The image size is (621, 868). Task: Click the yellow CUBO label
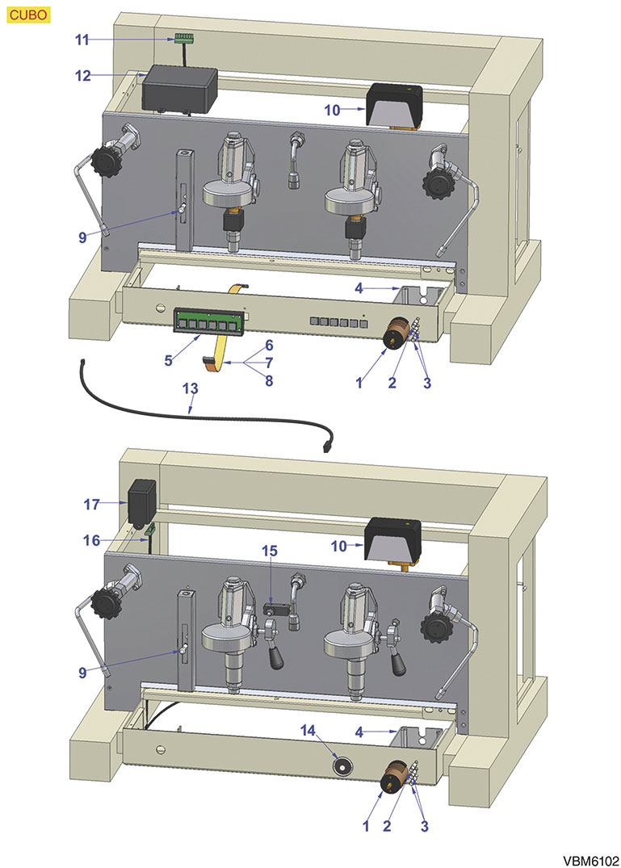(x=29, y=14)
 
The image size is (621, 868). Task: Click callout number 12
(x=83, y=76)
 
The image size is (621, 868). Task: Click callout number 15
(x=269, y=551)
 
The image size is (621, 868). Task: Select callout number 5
(x=169, y=361)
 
